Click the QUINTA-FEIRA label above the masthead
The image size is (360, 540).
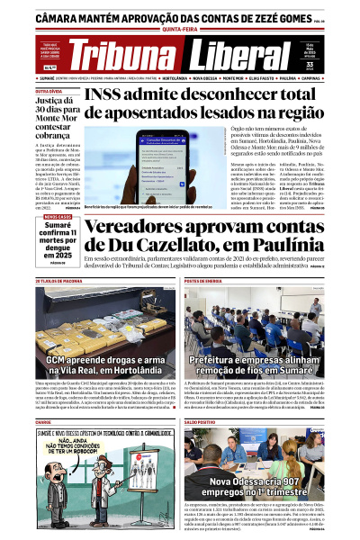point(179,27)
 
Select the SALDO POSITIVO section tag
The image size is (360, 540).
point(200,421)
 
